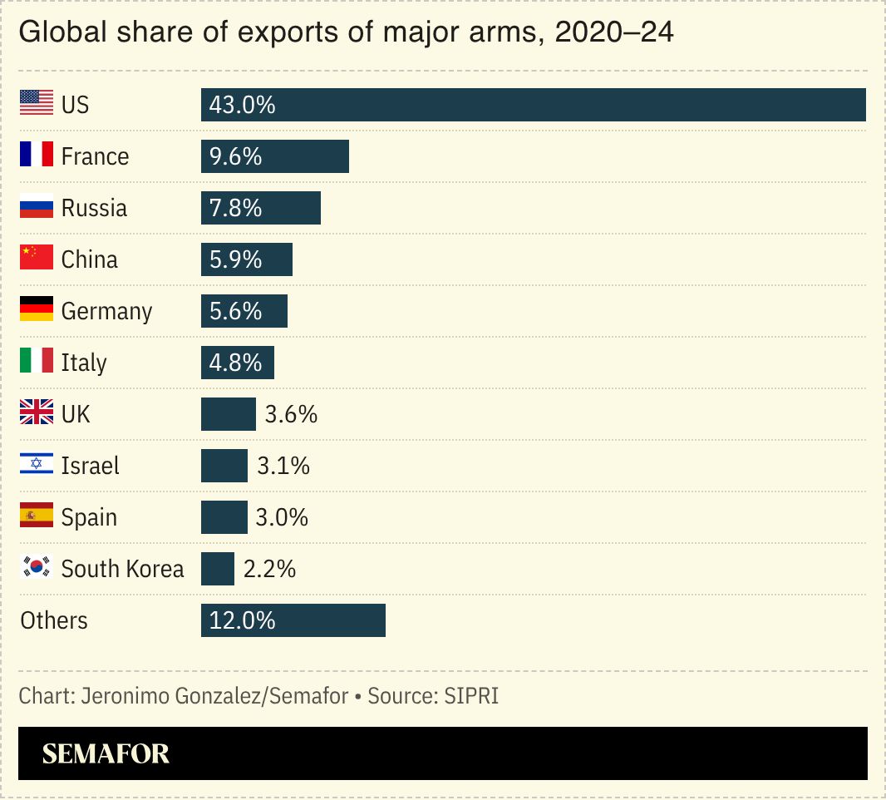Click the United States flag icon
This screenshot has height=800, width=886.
(37, 104)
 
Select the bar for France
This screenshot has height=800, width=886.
(274, 156)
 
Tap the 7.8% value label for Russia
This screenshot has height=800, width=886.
(235, 208)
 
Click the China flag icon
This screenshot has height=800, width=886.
(37, 259)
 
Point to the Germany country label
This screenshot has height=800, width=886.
(106, 311)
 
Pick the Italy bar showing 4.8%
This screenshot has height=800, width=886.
(237, 363)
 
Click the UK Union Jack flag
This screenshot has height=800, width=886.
(37, 413)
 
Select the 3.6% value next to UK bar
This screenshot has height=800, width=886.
(291, 414)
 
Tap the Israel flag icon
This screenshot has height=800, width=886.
(37, 465)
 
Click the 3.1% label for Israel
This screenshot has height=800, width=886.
(283, 466)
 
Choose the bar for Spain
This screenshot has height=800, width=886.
(224, 517)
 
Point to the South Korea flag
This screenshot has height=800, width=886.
(37, 568)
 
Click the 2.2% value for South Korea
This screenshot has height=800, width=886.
(269, 569)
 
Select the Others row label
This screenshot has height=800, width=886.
(54, 620)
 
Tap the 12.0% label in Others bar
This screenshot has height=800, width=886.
(242, 620)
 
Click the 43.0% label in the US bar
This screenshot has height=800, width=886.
(242, 105)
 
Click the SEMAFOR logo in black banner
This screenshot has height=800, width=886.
(106, 753)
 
